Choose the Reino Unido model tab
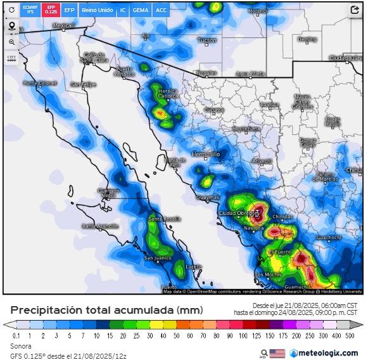[97, 10]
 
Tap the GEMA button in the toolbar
[141, 10]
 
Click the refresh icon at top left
[11, 10]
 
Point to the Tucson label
[207, 41]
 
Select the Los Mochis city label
[268, 274]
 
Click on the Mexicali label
[63, 26]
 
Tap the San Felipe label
[83, 84]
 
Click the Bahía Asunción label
[100, 226]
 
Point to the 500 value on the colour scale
[350, 335]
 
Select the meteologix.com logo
[323, 352]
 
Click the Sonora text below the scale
[20, 346]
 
